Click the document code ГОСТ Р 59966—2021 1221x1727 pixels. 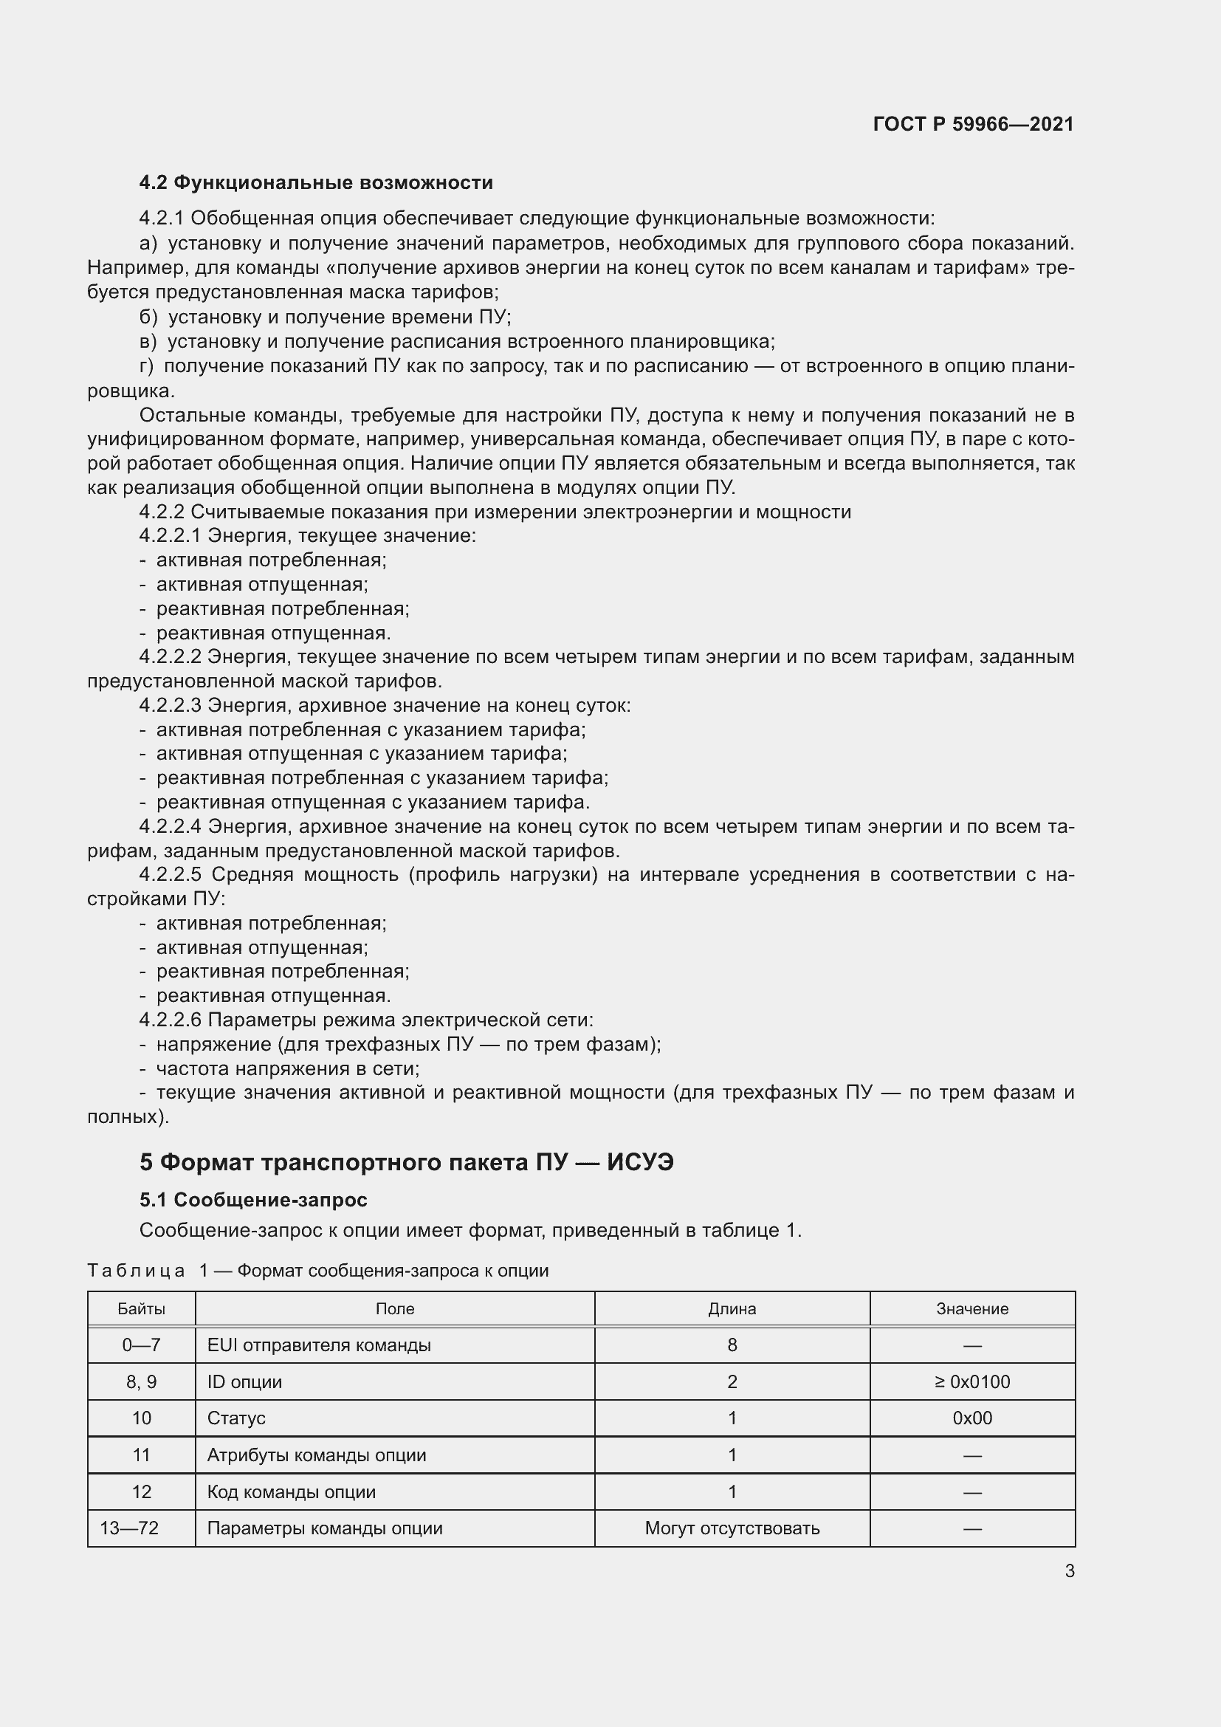click(973, 124)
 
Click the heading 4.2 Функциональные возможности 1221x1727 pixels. click(316, 183)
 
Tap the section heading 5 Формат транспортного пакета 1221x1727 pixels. click(406, 1162)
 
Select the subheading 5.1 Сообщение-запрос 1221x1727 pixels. click(253, 1199)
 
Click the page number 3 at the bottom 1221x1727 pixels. click(1069, 1570)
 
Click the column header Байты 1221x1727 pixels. click(141, 1309)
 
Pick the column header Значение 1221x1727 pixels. click(971, 1309)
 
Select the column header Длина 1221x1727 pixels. click(732, 1309)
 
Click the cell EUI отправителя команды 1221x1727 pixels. click(319, 1345)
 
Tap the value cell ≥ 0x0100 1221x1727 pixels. click(971, 1381)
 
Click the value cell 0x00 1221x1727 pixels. click(971, 1418)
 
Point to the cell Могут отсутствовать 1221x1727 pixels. click(732, 1528)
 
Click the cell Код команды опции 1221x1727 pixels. click(291, 1491)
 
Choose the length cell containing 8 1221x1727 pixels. click(732, 1345)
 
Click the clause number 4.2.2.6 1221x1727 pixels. click(170, 1020)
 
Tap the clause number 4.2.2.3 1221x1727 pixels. click(170, 706)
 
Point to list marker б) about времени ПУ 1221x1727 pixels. click(148, 317)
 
